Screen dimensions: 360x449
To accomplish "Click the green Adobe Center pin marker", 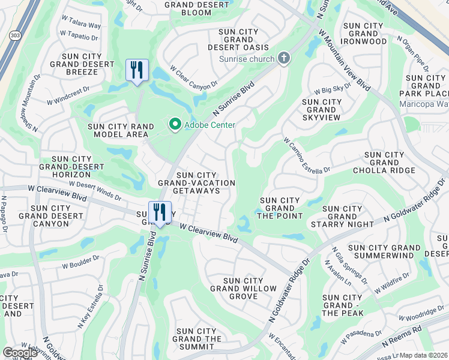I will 175,125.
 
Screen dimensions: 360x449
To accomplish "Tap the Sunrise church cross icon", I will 284,58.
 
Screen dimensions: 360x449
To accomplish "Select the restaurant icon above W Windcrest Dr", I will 137,70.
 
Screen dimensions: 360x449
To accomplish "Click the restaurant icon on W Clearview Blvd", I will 160,212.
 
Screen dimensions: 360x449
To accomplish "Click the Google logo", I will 20,353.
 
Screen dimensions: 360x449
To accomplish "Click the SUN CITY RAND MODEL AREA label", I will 118,130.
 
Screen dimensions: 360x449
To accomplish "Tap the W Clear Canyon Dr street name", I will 194,78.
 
